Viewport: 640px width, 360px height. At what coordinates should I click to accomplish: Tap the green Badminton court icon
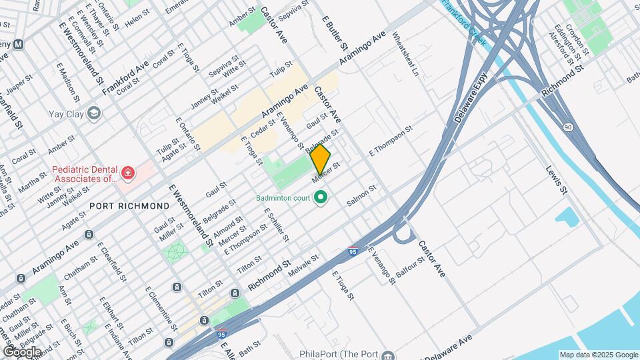click(x=321, y=197)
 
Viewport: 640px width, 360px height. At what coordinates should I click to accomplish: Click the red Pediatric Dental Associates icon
click(x=127, y=175)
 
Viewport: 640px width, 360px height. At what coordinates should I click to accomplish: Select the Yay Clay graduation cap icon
click(x=93, y=114)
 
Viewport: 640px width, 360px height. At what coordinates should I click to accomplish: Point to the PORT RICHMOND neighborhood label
click(x=129, y=207)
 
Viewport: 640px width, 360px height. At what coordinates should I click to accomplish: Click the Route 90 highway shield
click(x=567, y=127)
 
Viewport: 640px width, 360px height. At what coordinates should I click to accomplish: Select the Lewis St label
click(x=557, y=180)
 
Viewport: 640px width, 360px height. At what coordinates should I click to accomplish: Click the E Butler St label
click(x=335, y=33)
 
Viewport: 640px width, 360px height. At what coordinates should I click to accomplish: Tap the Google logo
click(x=21, y=351)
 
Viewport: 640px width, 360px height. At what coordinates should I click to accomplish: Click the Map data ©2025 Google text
click(x=598, y=355)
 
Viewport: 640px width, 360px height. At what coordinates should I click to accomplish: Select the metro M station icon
click(x=19, y=45)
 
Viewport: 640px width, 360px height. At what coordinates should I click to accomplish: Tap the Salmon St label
click(x=362, y=197)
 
